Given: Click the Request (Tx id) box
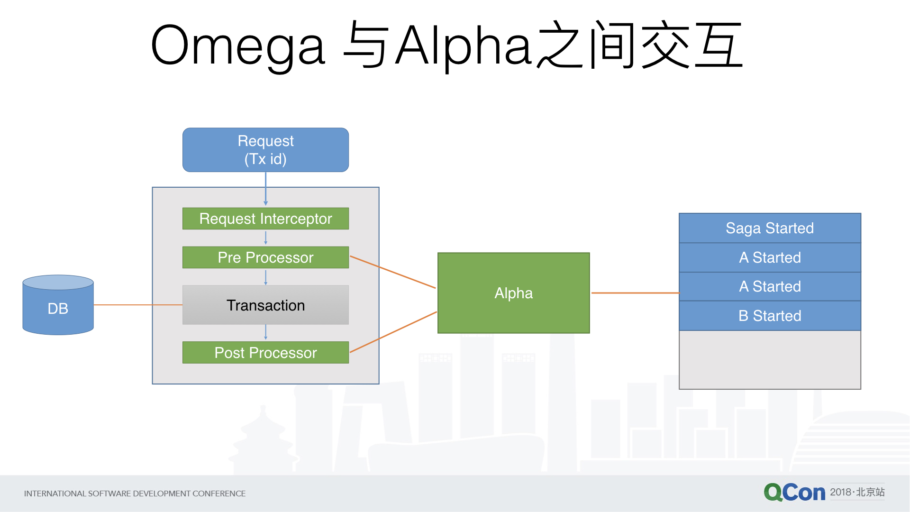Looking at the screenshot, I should point(265,150).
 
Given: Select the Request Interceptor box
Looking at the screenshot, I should point(265,219).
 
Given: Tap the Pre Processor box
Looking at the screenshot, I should point(265,257).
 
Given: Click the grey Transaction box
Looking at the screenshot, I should point(265,305).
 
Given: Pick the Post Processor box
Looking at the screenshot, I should point(265,352).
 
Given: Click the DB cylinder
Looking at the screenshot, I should point(58,306).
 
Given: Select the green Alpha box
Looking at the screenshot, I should point(513,293).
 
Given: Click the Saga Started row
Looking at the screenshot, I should point(770,228).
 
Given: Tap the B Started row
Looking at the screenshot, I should point(770,316).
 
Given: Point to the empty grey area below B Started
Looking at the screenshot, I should point(770,360).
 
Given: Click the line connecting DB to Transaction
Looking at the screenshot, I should point(137,305).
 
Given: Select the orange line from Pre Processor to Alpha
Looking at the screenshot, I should point(392,272).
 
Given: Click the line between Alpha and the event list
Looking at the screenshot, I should point(635,293).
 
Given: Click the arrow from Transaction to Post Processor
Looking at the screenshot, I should point(265,332).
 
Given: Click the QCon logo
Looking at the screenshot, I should point(794,493).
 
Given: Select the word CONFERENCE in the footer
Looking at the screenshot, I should point(219,494).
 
